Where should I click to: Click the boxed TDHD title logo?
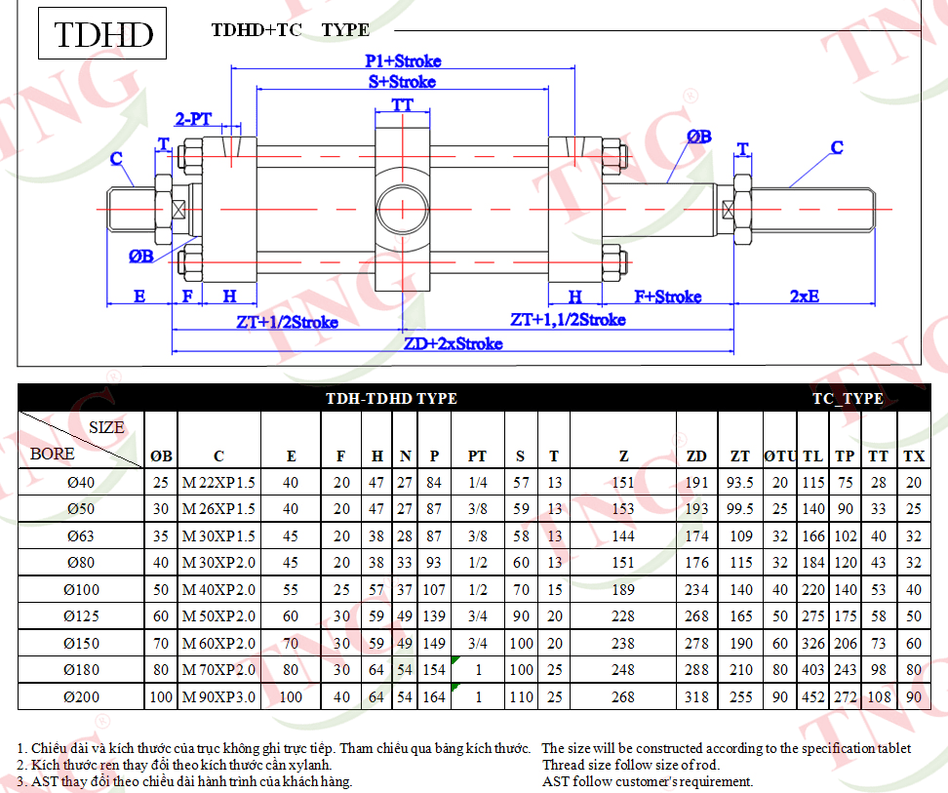[x=102, y=33]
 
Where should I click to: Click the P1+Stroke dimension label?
[x=403, y=61]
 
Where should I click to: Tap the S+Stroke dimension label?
[x=402, y=82]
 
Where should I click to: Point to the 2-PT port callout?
[x=193, y=119]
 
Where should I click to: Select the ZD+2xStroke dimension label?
[x=453, y=343]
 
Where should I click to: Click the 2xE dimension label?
[x=805, y=297]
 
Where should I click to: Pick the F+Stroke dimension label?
[x=667, y=297]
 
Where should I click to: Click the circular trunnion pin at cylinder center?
[x=403, y=210]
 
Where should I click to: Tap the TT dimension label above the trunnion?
[x=402, y=105]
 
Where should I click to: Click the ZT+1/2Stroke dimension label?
[x=287, y=322]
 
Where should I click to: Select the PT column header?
[x=477, y=456]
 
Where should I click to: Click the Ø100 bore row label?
[x=81, y=589]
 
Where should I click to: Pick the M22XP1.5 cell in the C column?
[x=218, y=482]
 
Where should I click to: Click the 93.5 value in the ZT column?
[x=740, y=482]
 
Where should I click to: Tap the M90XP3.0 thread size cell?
[x=218, y=696]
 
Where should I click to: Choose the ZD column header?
[x=696, y=456]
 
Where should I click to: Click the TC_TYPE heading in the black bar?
[x=848, y=398]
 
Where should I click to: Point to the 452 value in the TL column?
[x=813, y=696]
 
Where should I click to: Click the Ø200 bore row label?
[x=81, y=696]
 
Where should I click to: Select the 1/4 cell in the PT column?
[x=478, y=482]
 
